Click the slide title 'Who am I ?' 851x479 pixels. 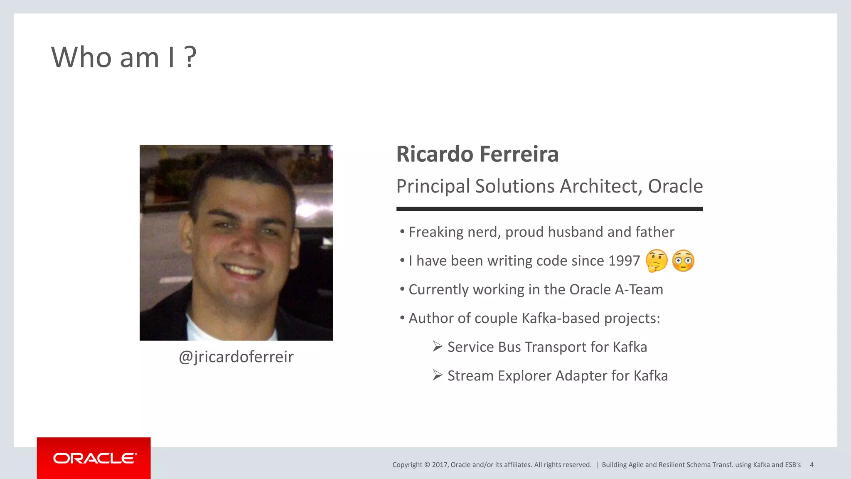click(x=123, y=57)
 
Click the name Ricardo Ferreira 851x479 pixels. click(x=477, y=154)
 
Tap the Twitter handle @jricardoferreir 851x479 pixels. click(x=236, y=357)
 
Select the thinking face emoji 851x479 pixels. click(x=657, y=261)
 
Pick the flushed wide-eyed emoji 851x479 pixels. click(x=683, y=261)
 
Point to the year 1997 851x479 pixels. click(x=624, y=261)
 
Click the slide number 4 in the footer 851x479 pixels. click(x=812, y=465)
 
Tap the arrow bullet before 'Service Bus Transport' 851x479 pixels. click(x=437, y=346)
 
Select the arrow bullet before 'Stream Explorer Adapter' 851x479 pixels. click(x=437, y=375)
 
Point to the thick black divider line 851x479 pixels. click(x=549, y=209)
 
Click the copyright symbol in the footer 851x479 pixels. click(x=427, y=465)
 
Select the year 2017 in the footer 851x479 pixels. click(x=440, y=465)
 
